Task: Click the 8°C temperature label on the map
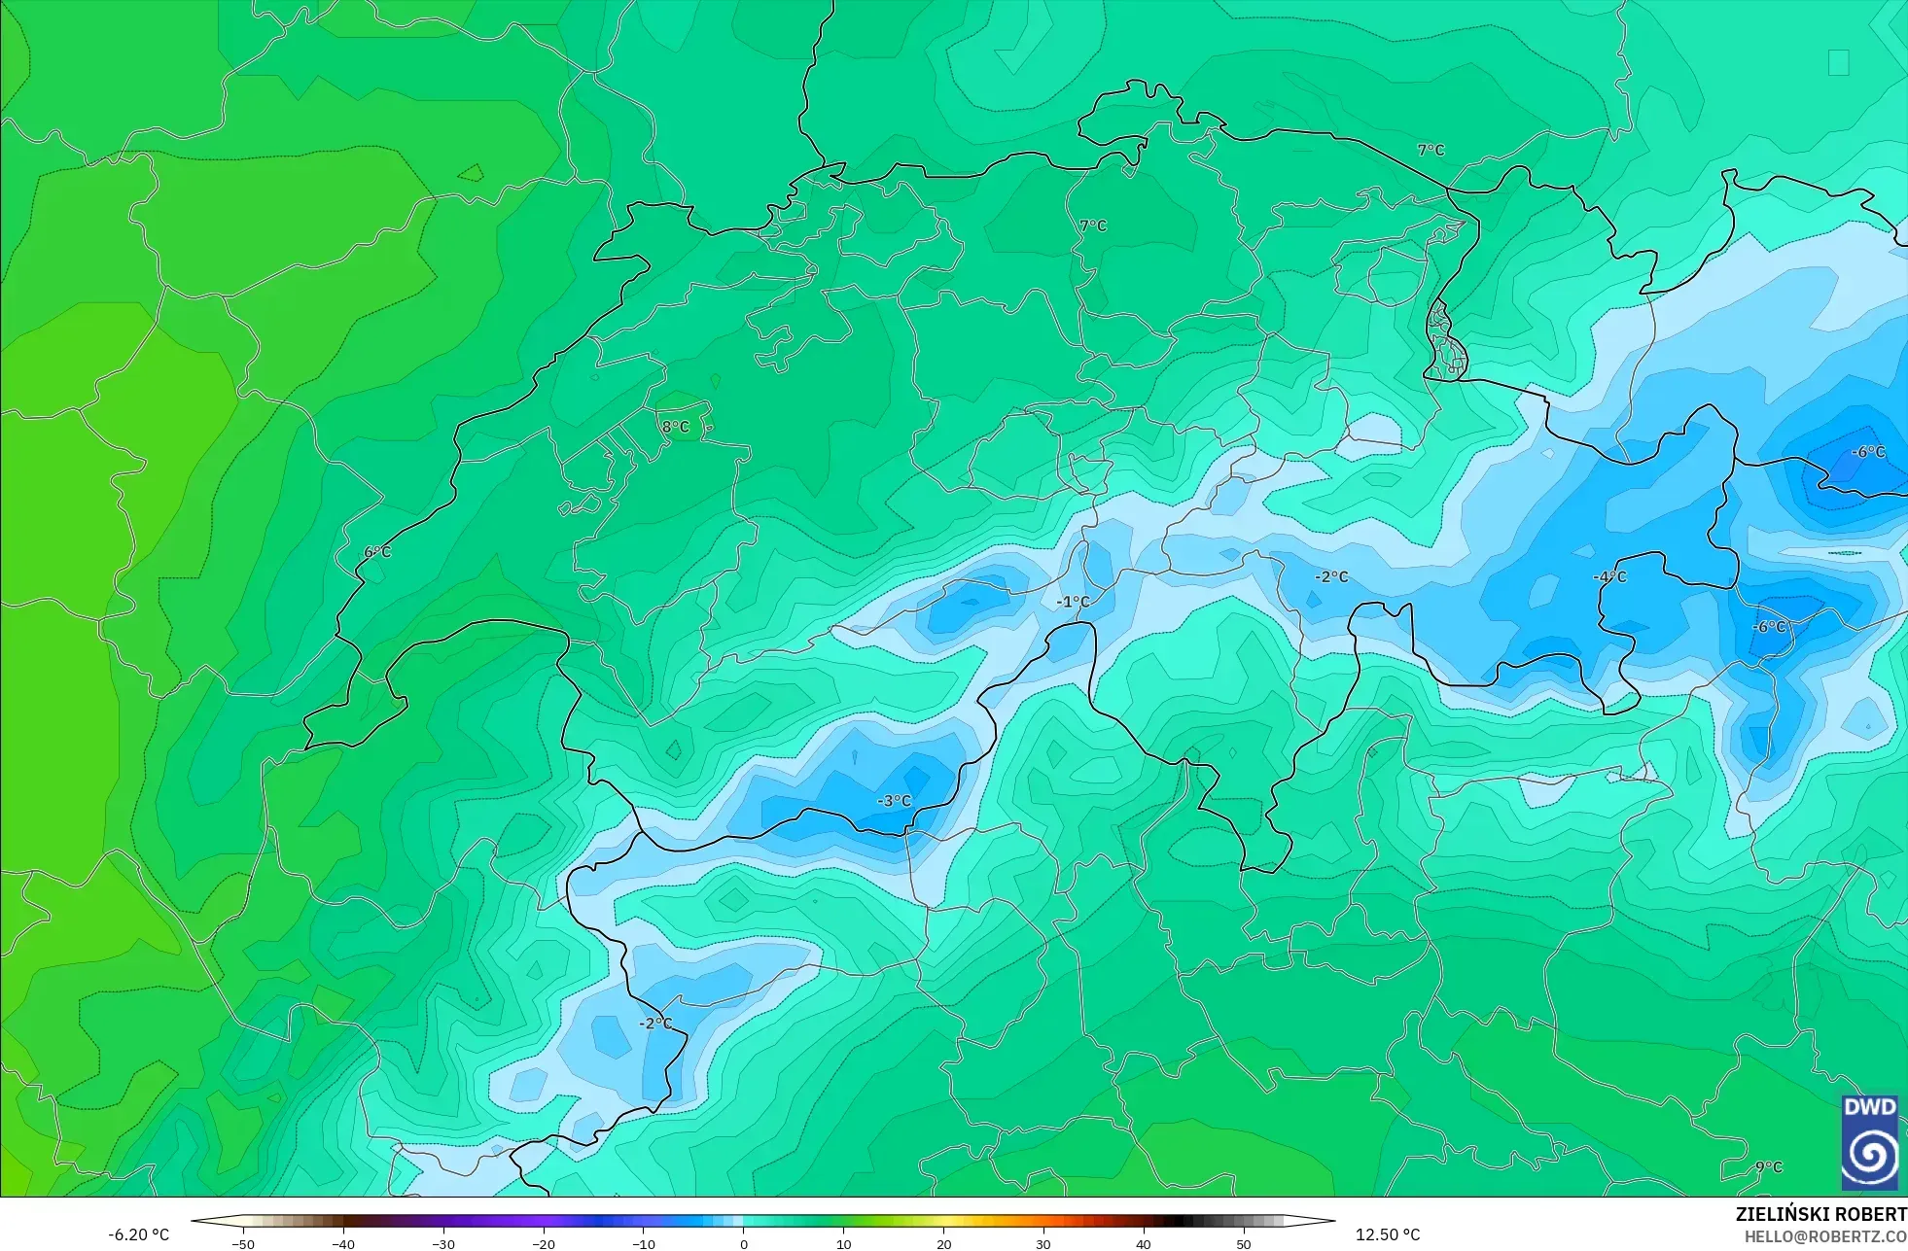click(x=675, y=427)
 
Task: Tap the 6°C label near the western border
click(x=377, y=552)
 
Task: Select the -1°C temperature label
click(x=1073, y=602)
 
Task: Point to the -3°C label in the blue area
click(x=895, y=801)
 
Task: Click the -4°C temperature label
click(x=1609, y=576)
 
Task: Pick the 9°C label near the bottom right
click(x=1769, y=1166)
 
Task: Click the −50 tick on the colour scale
click(x=243, y=1243)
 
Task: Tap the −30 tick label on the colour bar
click(x=443, y=1243)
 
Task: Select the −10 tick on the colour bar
click(x=644, y=1243)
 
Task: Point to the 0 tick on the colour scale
click(x=744, y=1243)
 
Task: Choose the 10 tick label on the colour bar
click(x=843, y=1243)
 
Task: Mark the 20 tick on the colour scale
click(x=943, y=1243)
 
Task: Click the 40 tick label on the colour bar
click(x=1143, y=1243)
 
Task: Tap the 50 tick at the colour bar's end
click(x=1243, y=1243)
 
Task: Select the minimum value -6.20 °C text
click(x=138, y=1234)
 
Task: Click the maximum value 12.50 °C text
click(x=1388, y=1234)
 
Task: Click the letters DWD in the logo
click(x=1869, y=1107)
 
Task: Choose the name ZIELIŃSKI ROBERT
click(x=1820, y=1214)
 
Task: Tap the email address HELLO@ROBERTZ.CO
click(x=1824, y=1236)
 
